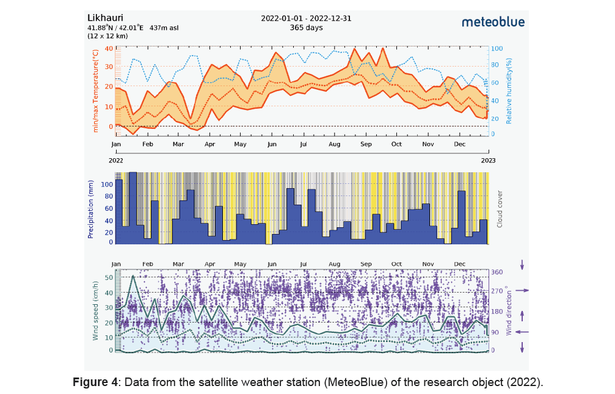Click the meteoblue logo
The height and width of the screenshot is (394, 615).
(492, 22)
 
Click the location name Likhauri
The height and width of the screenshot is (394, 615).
(105, 16)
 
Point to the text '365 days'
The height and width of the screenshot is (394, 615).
(307, 27)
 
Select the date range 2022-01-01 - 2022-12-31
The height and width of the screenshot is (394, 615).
(307, 18)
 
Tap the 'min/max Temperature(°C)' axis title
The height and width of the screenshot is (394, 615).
(95, 92)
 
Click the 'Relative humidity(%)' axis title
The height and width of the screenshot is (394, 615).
(508, 92)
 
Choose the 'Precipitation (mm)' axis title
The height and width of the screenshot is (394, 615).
(91, 209)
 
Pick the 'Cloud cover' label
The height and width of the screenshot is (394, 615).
(499, 208)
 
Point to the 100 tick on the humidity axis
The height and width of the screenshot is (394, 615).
(497, 48)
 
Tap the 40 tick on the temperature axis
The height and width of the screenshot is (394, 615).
(109, 48)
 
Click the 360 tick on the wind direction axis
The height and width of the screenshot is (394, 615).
(497, 272)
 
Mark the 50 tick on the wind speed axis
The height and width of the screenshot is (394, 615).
(109, 277)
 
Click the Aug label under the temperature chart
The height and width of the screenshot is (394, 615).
(334, 145)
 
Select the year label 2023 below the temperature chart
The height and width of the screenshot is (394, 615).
(488, 161)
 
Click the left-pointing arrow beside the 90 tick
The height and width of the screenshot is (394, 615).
(522, 332)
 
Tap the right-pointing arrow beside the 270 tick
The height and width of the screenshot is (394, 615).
(522, 291)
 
